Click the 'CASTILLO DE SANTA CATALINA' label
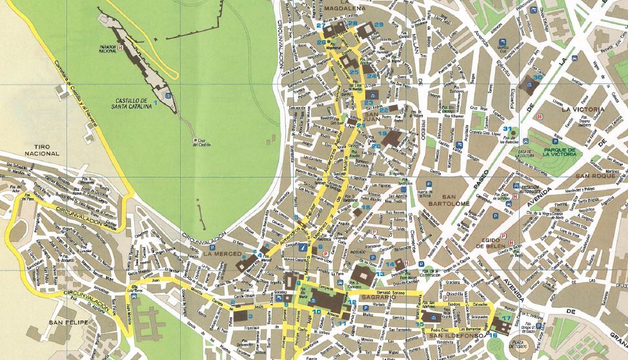click(134, 104)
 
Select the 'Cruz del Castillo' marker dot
click(196, 141)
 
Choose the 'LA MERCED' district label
click(222, 254)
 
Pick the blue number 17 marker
click(507, 318)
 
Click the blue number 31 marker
click(509, 128)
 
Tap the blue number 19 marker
click(382, 134)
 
